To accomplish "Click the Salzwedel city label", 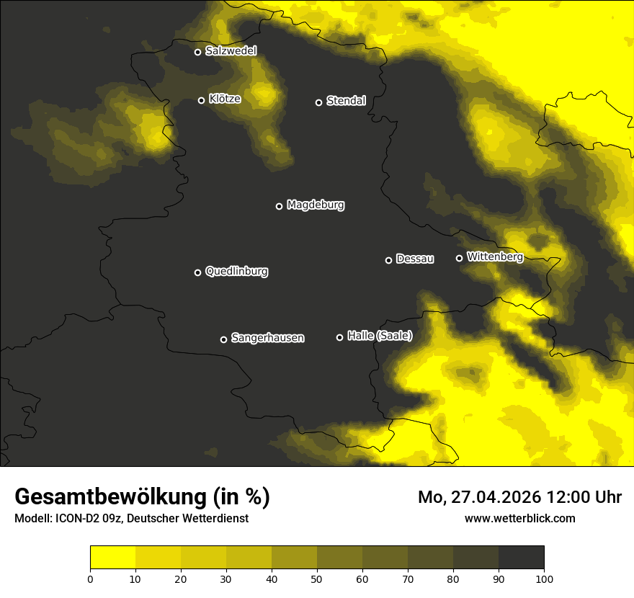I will (231, 51).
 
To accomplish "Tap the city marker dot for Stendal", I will (318, 102).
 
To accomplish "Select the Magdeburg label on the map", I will (315, 205).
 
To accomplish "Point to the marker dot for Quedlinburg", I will (197, 272).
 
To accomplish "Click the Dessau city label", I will (415, 259).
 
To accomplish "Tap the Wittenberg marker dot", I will (459, 258).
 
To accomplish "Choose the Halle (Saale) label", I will (380, 336).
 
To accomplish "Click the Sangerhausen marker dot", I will (223, 339).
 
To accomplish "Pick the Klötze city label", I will (225, 99).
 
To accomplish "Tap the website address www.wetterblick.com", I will (519, 518).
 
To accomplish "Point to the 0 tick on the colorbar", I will (90, 579).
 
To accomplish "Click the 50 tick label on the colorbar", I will (317, 579).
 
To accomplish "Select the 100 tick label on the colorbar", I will (544, 579).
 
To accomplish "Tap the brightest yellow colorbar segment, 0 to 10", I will (112, 558).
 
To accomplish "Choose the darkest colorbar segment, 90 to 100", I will (521, 558).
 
